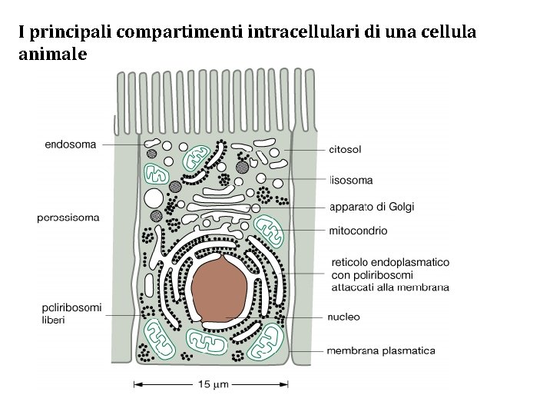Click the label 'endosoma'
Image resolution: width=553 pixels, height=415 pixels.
71,144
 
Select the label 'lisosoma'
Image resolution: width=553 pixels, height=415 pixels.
351,181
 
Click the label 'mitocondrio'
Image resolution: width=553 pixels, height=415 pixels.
358,231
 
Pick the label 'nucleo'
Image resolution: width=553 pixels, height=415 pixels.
344,317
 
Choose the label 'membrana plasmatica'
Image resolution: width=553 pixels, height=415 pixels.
381,351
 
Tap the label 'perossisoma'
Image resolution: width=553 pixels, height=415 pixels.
68,217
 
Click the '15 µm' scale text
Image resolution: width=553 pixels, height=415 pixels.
210,384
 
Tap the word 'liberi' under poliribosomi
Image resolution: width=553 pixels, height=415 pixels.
53,319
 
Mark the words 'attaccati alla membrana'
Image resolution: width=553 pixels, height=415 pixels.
390,287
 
